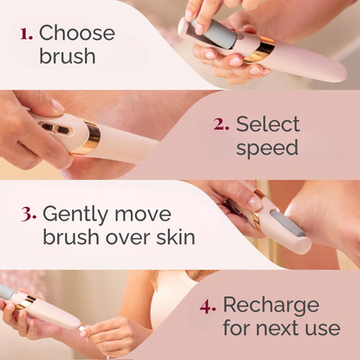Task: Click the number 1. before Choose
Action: (26, 35)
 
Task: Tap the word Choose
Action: (77, 33)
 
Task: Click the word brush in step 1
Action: (67, 55)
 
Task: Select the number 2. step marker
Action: (222, 125)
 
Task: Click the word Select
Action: (268, 124)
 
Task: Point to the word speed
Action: (267, 149)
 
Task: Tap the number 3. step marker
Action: (29, 215)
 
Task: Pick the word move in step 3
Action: (143, 214)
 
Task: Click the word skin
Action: (176, 237)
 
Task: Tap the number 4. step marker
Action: (208, 306)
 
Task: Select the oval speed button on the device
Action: (55, 129)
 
